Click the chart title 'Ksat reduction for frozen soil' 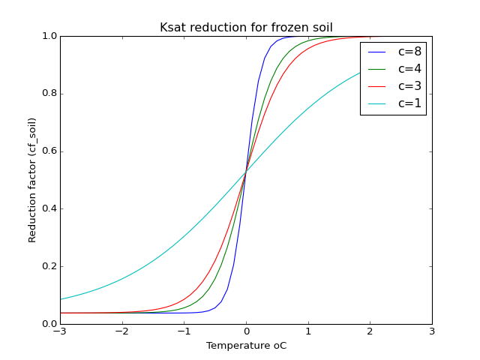tap(246, 28)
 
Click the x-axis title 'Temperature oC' tap(246, 346)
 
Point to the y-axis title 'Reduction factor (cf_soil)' tap(32, 180)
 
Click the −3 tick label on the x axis tap(60, 332)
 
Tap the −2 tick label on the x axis tap(122, 332)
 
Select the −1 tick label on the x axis tap(184, 332)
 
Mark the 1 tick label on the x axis tap(308, 332)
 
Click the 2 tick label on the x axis tap(370, 332)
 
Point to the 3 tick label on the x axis tap(432, 332)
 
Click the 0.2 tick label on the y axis tap(47, 266)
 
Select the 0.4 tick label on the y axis tap(47, 208)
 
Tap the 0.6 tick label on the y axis tap(47, 151)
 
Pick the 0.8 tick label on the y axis tap(47, 94)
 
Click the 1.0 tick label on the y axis tap(47, 36)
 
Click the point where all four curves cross tap(246, 173)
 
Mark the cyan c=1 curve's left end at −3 tap(61, 299)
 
